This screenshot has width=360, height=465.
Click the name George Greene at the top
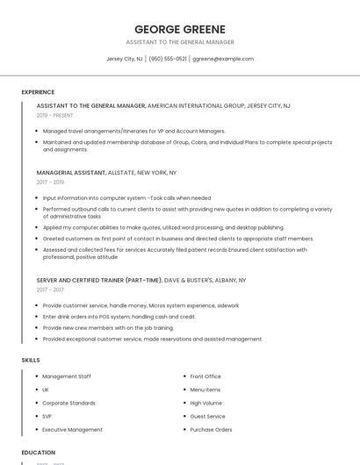(x=180, y=29)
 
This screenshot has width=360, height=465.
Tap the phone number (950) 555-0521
(x=168, y=59)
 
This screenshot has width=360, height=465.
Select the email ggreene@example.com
(x=223, y=59)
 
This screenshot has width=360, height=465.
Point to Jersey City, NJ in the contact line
(x=125, y=59)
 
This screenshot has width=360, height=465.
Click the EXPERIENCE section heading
(x=38, y=92)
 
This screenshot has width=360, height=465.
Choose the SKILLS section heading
(x=30, y=360)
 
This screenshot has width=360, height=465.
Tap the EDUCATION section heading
(x=39, y=453)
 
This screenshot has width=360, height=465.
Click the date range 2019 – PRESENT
(x=55, y=115)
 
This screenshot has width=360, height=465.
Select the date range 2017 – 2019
(x=50, y=182)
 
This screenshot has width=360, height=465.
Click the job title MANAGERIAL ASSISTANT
(x=71, y=173)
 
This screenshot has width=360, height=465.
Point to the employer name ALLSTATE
(x=124, y=173)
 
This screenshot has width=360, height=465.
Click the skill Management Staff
(x=67, y=376)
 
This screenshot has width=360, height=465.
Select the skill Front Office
(x=205, y=376)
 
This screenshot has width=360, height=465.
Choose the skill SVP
(x=47, y=416)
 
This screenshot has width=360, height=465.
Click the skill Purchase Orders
(x=211, y=430)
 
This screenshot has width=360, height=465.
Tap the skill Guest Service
(x=208, y=416)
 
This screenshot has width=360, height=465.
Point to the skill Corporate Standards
(x=68, y=403)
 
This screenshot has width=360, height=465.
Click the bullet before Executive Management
(x=36, y=430)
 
